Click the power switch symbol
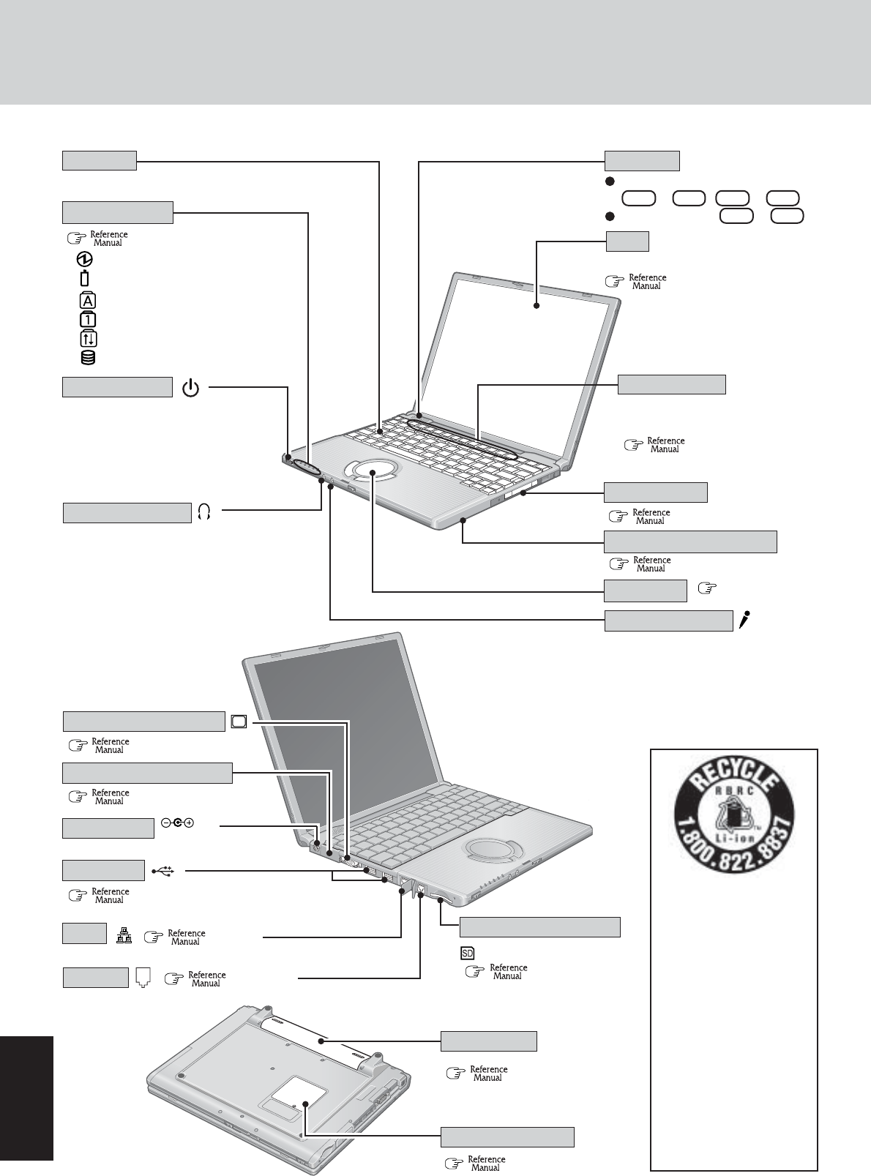click(190, 388)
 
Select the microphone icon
click(744, 621)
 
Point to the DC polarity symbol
click(178, 823)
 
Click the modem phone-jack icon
click(143, 977)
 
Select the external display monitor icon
click(239, 721)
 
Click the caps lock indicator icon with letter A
click(87, 301)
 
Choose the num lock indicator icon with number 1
click(87, 320)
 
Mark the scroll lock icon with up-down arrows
click(87, 339)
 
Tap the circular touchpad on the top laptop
click(374, 473)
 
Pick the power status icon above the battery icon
click(86, 260)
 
